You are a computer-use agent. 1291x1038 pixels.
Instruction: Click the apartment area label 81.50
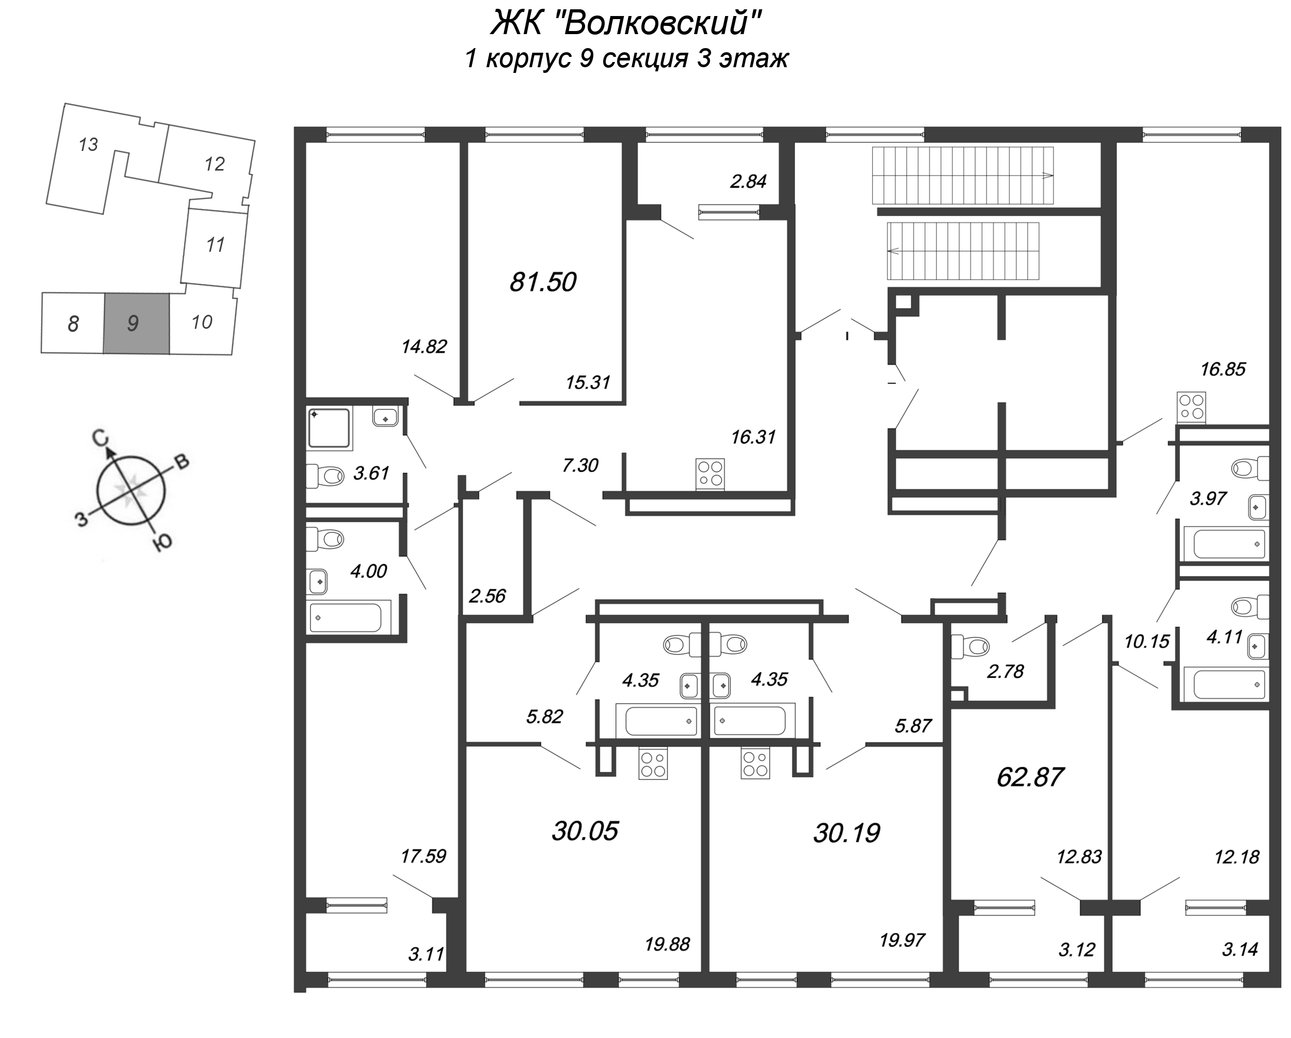tap(543, 282)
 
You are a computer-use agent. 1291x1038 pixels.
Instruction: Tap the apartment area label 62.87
tap(1030, 777)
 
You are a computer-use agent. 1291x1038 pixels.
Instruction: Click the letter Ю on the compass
tap(162, 542)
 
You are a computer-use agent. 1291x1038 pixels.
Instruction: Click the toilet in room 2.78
tap(970, 647)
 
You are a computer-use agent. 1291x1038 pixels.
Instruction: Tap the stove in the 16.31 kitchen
tap(710, 474)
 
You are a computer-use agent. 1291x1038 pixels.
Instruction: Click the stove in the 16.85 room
tap(1190, 407)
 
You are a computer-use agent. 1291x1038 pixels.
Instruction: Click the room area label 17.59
tap(423, 856)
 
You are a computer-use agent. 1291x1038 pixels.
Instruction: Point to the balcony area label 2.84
tap(748, 181)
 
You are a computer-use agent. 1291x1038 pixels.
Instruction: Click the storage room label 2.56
tap(487, 596)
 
